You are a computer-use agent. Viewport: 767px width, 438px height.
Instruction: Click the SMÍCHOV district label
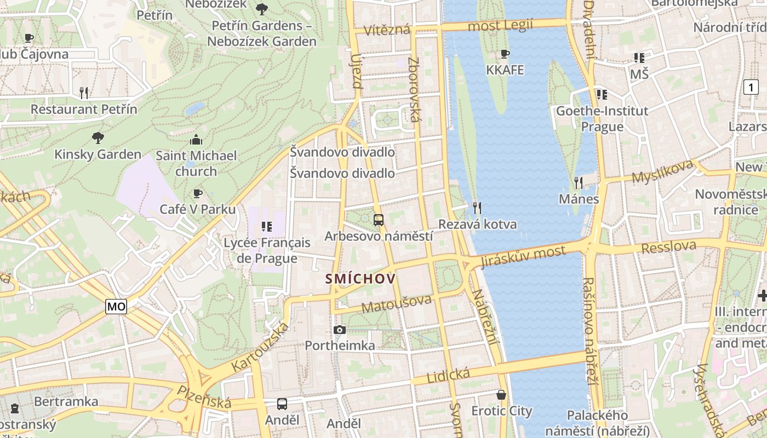pyautogui.click(x=360, y=279)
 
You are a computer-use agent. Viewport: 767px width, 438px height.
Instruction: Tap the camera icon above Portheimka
pyautogui.click(x=340, y=330)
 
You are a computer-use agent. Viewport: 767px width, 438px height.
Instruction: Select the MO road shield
pyautogui.click(x=116, y=307)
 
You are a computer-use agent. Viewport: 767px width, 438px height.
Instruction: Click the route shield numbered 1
pyautogui.click(x=751, y=87)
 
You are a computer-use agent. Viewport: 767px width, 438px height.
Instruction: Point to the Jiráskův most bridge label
pyautogui.click(x=523, y=256)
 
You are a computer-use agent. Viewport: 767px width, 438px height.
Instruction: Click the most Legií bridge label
pyautogui.click(x=500, y=25)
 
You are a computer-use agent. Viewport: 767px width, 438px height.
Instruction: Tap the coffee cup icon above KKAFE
pyautogui.click(x=505, y=54)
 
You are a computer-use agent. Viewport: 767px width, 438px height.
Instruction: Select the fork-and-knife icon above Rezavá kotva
pyautogui.click(x=477, y=208)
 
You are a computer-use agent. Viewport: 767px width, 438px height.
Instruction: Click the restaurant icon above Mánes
pyautogui.click(x=579, y=182)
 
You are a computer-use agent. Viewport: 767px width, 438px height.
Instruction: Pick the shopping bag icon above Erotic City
pyautogui.click(x=501, y=395)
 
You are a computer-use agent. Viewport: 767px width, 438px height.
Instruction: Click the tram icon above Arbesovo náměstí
pyautogui.click(x=378, y=220)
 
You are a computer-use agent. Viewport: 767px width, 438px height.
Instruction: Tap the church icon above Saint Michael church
pyautogui.click(x=196, y=140)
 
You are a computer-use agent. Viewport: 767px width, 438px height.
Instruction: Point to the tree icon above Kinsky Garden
pyautogui.click(x=98, y=137)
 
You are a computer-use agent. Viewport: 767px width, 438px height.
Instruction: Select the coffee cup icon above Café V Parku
pyautogui.click(x=198, y=193)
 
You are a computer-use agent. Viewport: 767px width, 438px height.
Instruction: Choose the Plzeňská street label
pyautogui.click(x=204, y=396)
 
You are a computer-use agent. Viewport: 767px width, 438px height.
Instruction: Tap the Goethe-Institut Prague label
pyautogui.click(x=602, y=119)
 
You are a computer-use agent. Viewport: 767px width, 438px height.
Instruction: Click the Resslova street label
pyautogui.click(x=668, y=247)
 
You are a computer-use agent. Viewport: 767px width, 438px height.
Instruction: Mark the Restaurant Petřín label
pyautogui.click(x=84, y=109)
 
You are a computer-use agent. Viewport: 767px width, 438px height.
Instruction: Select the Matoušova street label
pyautogui.click(x=397, y=302)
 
